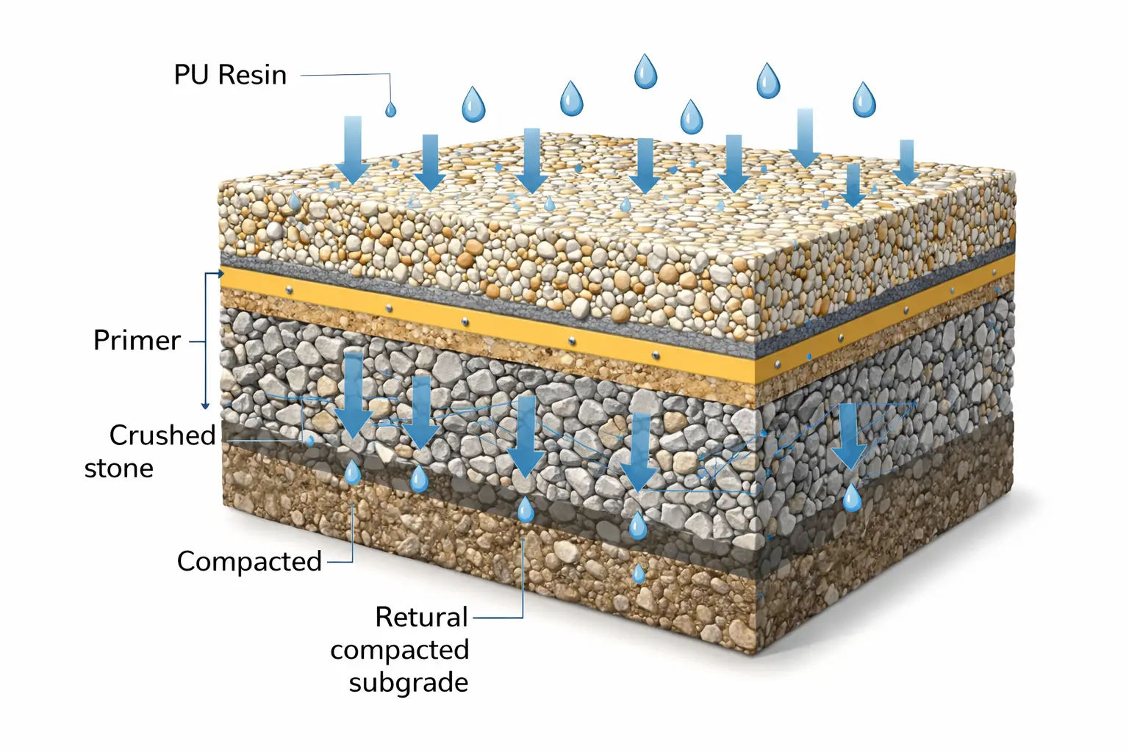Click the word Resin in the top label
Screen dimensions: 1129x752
253,75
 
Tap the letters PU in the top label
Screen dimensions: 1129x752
192,75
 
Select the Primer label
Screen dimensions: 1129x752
137,341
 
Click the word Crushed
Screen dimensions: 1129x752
162,435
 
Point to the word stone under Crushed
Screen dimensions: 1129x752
119,469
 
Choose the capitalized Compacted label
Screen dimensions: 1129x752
249,562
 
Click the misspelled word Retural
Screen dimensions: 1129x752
422,617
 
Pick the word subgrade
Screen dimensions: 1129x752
409,684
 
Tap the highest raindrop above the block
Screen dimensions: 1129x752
645,71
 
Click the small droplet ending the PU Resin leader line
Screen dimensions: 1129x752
390,109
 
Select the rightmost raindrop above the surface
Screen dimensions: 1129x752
864,100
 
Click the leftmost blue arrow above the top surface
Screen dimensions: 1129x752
353,150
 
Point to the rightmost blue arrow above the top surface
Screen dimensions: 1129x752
907,162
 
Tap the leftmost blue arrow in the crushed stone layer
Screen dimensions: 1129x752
354,395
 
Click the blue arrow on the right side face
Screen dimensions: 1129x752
850,436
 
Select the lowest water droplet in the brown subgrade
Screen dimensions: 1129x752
639,574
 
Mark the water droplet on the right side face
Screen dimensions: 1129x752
852,497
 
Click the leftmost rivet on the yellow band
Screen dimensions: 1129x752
289,289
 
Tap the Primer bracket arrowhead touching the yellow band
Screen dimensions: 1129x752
221,273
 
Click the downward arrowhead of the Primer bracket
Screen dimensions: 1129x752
205,405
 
